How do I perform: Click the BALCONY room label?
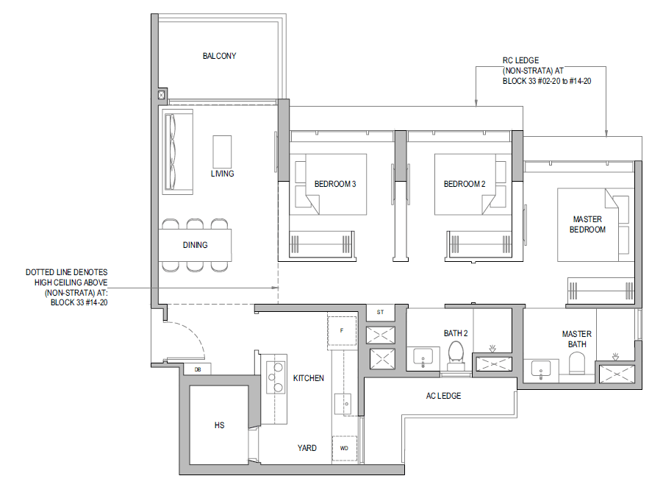[x=219, y=56]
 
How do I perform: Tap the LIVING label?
[x=222, y=174]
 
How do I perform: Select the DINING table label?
[x=195, y=245]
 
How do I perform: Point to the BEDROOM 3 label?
[x=335, y=184]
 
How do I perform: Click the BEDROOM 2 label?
[x=465, y=184]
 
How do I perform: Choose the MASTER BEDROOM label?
[x=587, y=224]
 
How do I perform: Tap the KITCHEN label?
[x=308, y=378]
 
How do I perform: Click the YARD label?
[x=307, y=448]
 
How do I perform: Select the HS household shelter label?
[x=219, y=425]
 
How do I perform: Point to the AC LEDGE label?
[x=443, y=396]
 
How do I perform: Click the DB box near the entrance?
[x=198, y=369]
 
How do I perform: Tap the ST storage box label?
[x=380, y=312]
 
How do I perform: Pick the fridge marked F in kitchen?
[x=342, y=331]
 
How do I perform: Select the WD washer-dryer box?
[x=344, y=448]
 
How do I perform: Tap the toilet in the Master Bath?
[x=577, y=363]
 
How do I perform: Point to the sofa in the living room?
[x=178, y=152]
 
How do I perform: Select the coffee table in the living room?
[x=222, y=152]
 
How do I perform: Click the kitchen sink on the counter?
[x=343, y=405]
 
